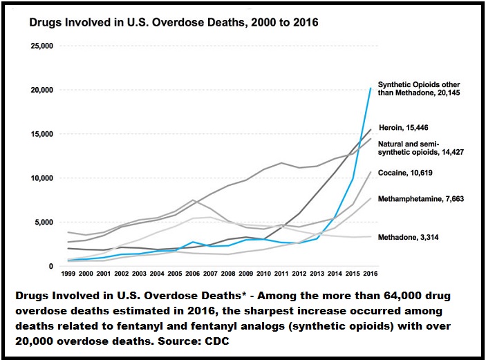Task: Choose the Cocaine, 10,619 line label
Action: click(412, 172)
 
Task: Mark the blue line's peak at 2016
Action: click(371, 88)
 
